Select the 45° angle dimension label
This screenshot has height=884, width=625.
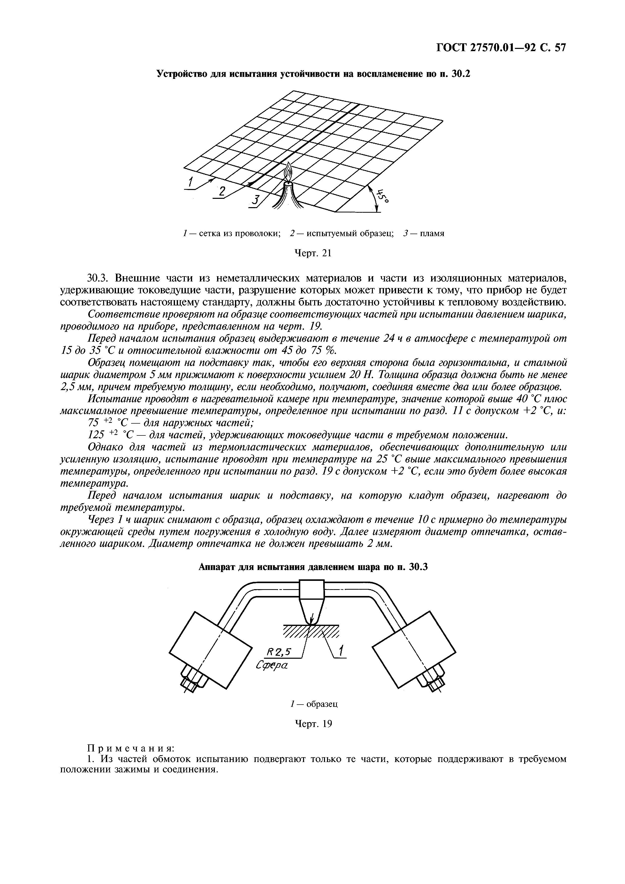[x=382, y=196]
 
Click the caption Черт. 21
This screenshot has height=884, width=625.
[x=313, y=253]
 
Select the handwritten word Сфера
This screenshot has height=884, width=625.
[x=272, y=665]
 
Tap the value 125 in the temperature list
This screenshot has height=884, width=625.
[x=96, y=435]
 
